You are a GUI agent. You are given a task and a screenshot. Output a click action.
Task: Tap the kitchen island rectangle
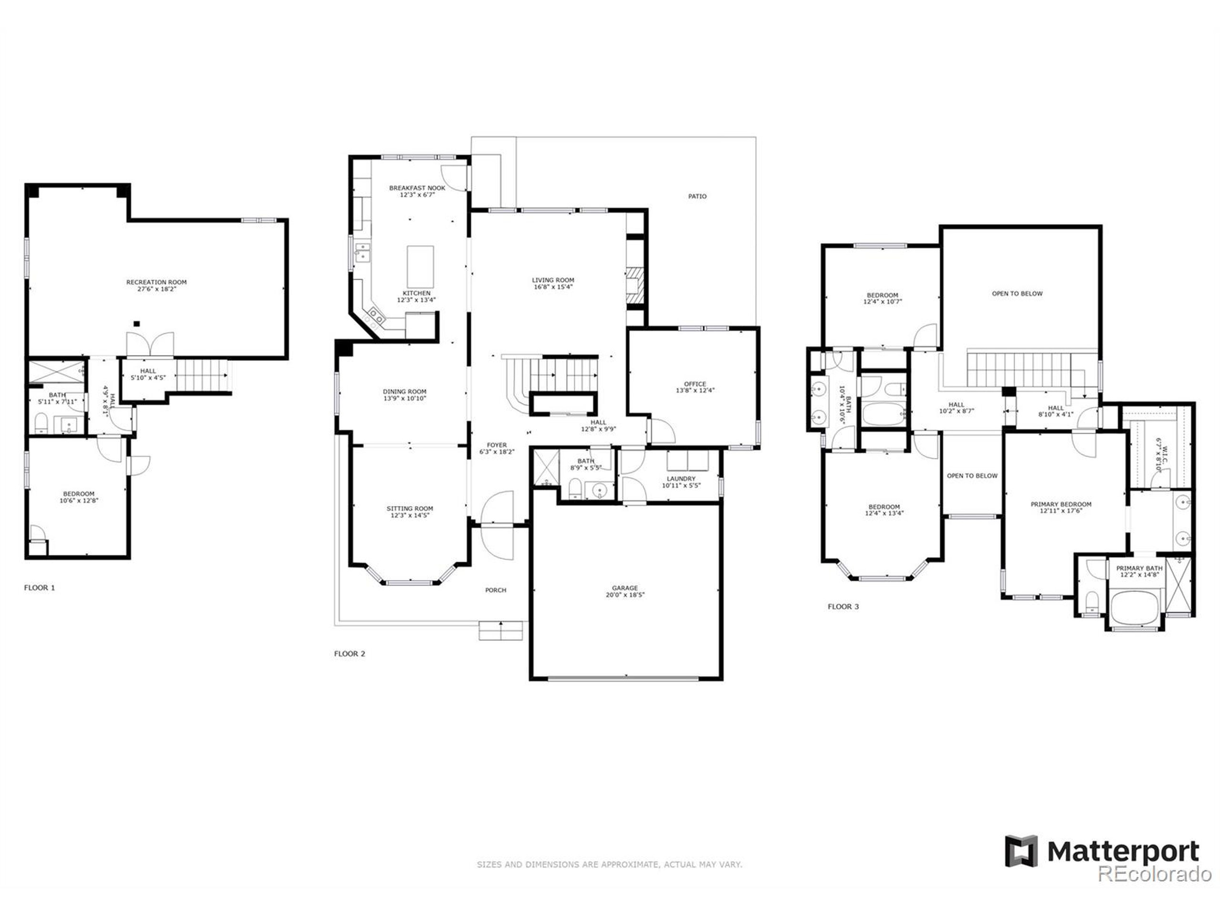[x=420, y=266]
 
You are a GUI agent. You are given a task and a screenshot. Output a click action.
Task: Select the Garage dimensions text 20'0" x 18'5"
[x=624, y=595]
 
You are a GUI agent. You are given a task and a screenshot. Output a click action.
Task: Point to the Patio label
[x=697, y=196]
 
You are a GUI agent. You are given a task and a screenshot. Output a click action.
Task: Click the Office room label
[x=694, y=384]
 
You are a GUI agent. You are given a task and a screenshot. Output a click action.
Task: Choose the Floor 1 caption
[x=39, y=588]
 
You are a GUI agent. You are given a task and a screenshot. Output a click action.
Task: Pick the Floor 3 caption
[x=843, y=607]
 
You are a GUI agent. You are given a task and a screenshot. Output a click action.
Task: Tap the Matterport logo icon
[x=1020, y=851]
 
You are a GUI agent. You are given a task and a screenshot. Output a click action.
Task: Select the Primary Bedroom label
[x=1061, y=504]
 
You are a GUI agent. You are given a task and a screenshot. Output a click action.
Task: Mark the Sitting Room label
[x=409, y=508]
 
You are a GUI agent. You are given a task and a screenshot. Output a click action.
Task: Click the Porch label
[x=495, y=590]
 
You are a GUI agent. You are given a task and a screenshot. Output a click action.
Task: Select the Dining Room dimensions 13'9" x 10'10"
[x=404, y=398]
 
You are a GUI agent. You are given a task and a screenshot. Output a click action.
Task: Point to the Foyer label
[x=497, y=445]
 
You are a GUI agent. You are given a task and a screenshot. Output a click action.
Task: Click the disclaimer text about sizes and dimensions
[x=609, y=864]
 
